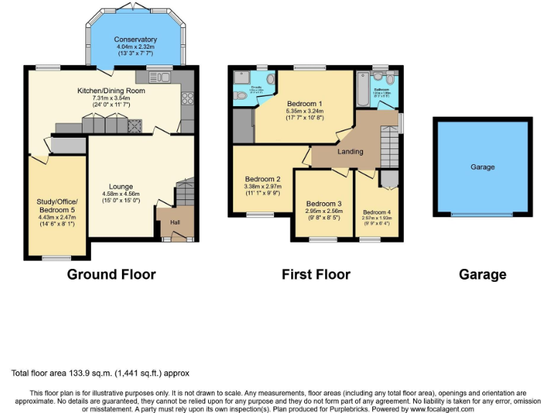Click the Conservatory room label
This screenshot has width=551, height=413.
pyautogui.click(x=135, y=39)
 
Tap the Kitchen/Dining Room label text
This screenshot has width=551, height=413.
pyautogui.click(x=111, y=91)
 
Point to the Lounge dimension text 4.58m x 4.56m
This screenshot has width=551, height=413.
pyautogui.click(x=121, y=194)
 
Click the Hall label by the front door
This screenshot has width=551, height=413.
pyautogui.click(x=174, y=222)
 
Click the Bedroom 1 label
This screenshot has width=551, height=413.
pyautogui.click(x=304, y=103)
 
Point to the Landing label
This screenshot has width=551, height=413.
pyautogui.click(x=351, y=151)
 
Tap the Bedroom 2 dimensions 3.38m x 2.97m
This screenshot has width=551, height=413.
pyautogui.click(x=263, y=186)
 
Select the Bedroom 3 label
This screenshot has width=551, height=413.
pyautogui.click(x=324, y=203)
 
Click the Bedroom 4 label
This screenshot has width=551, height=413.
pyautogui.click(x=377, y=212)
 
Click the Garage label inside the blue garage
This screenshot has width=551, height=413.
pyautogui.click(x=482, y=167)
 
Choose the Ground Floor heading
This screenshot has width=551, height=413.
pyautogui.click(x=111, y=274)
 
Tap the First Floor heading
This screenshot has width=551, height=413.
pyautogui.click(x=316, y=274)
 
